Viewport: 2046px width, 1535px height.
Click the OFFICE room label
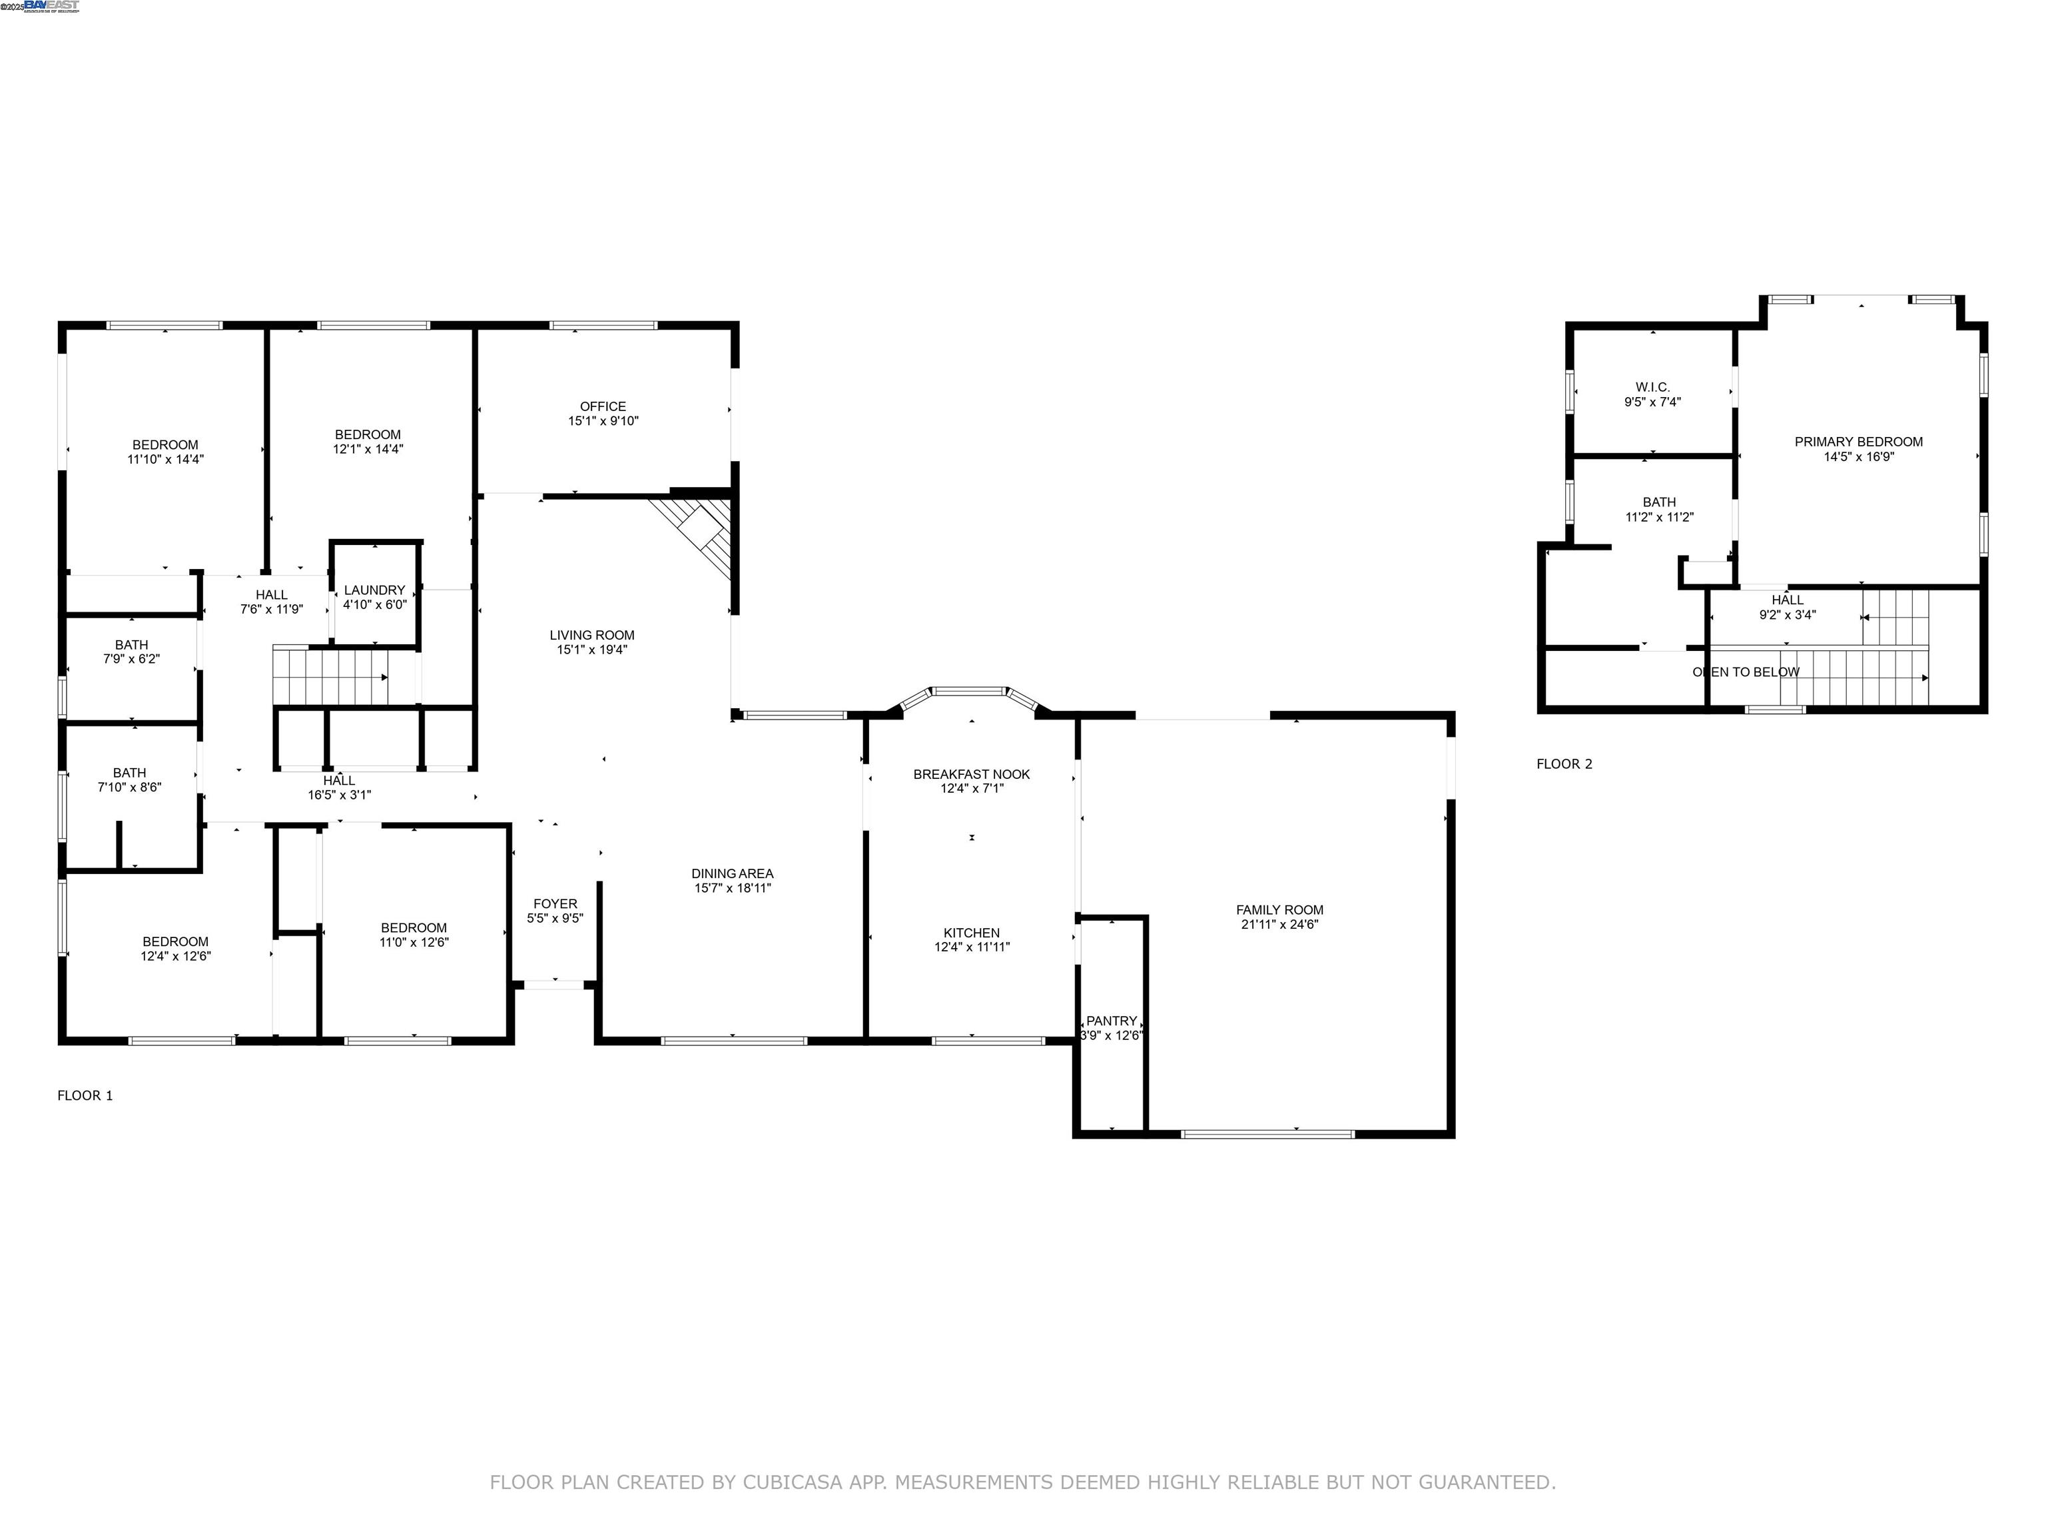click(602, 406)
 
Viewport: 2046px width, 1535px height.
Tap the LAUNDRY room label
click(374, 590)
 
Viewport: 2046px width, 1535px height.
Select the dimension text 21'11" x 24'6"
click(1279, 924)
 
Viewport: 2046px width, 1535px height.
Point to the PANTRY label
click(1111, 1021)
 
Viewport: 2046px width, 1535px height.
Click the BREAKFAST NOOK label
click(971, 774)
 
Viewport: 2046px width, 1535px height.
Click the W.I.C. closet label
click(1652, 388)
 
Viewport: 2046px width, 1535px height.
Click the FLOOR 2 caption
click(1564, 764)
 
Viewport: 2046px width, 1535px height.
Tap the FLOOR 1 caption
click(85, 1095)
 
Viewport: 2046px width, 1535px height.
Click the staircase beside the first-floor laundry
click(331, 676)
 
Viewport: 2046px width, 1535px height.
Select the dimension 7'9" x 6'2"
click(131, 660)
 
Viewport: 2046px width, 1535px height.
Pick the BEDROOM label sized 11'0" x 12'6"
click(414, 928)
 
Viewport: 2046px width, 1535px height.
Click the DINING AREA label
click(732, 873)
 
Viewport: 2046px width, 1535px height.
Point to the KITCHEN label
click(971, 933)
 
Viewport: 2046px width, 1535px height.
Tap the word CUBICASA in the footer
click(792, 1483)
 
